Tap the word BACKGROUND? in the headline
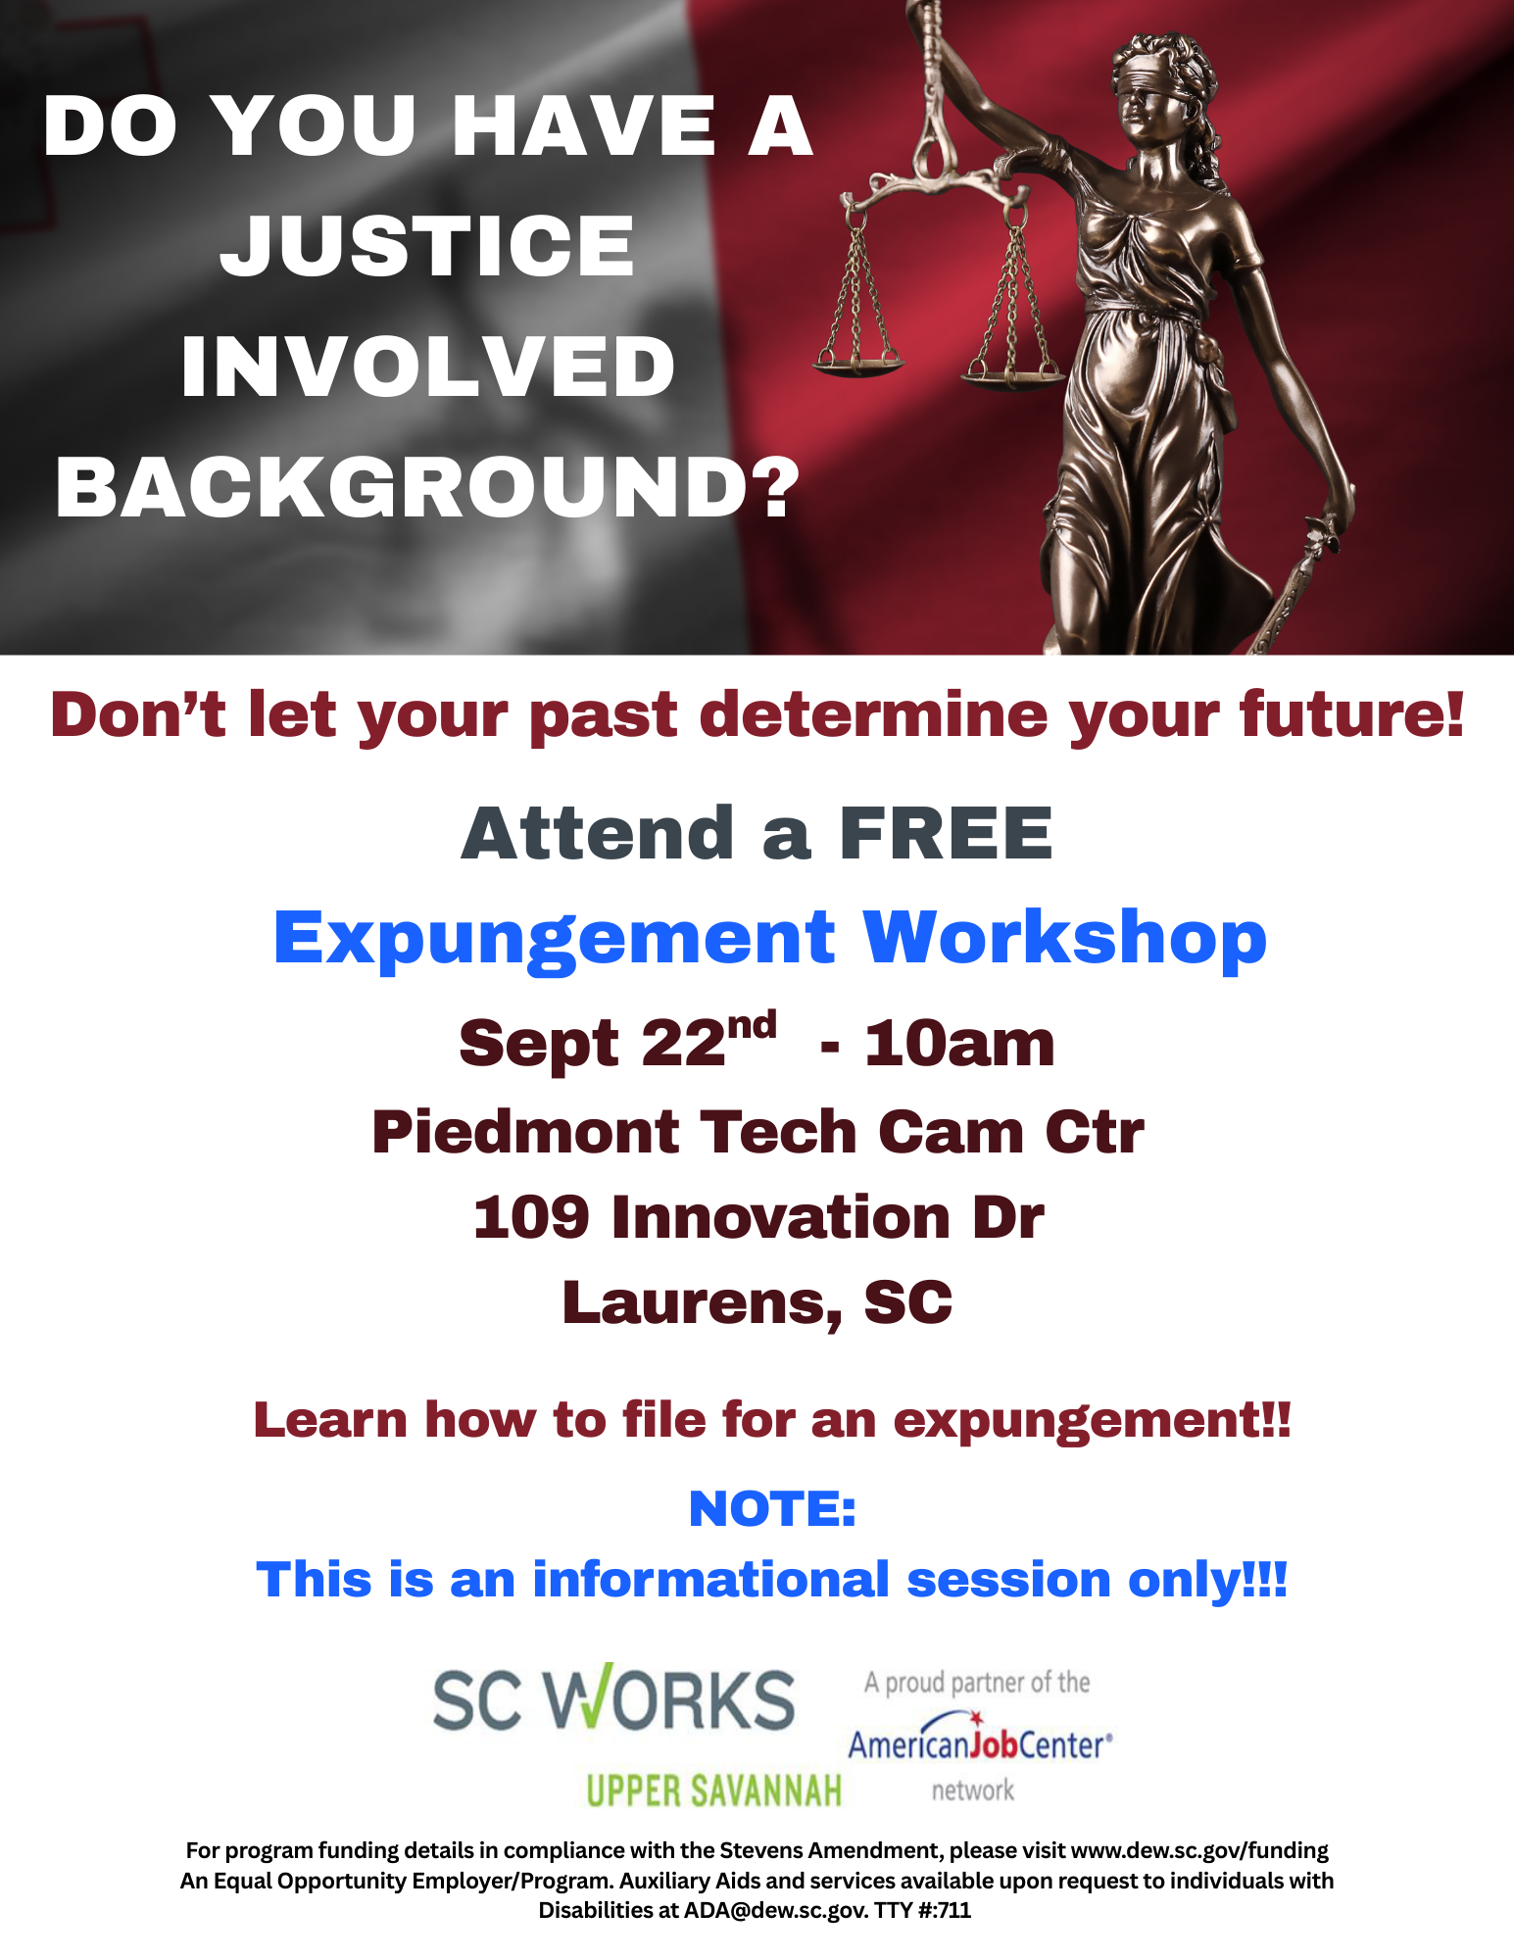tap(428, 487)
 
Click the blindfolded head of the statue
tap(1154, 93)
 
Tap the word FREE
tap(946, 834)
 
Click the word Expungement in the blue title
tap(554, 940)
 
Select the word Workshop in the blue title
tap(1064, 940)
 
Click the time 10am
tap(959, 1044)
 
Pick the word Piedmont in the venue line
tap(526, 1132)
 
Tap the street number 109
tap(531, 1217)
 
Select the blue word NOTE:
tap(772, 1509)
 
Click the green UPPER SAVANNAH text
tap(713, 1790)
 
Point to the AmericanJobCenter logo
tap(980, 1738)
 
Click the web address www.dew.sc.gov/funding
tap(1199, 1850)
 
